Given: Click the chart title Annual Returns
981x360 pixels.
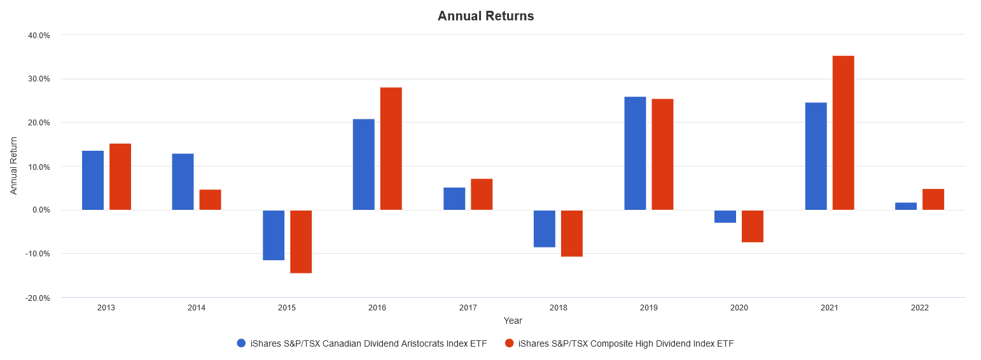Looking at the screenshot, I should point(485,17).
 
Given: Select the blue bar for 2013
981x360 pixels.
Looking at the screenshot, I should point(93,180).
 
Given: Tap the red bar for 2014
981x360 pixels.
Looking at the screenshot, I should point(210,200).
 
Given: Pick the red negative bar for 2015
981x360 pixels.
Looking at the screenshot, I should point(301,241).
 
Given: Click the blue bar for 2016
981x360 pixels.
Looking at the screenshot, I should point(364,164).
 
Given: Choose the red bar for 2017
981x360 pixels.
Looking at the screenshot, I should point(482,194).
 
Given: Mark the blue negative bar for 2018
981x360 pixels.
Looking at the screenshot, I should point(545,228).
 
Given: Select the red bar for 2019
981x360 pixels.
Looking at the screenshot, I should point(662,154).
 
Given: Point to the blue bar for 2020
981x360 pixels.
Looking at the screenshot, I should point(725,216).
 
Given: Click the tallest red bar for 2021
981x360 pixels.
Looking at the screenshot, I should point(843,133).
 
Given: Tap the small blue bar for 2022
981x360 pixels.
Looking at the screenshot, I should point(906,206).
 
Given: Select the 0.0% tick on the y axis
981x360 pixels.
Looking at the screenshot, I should point(41,210).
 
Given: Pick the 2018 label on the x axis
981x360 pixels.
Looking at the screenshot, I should point(559,308).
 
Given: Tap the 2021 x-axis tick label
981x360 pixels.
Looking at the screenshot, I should point(829,308).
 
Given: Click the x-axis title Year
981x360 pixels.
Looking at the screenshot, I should point(513,321).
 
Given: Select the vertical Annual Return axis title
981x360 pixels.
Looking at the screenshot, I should point(14,166).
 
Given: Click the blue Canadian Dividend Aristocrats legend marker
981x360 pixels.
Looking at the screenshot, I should point(241,343).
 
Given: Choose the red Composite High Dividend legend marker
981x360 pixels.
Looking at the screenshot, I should point(509,343).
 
